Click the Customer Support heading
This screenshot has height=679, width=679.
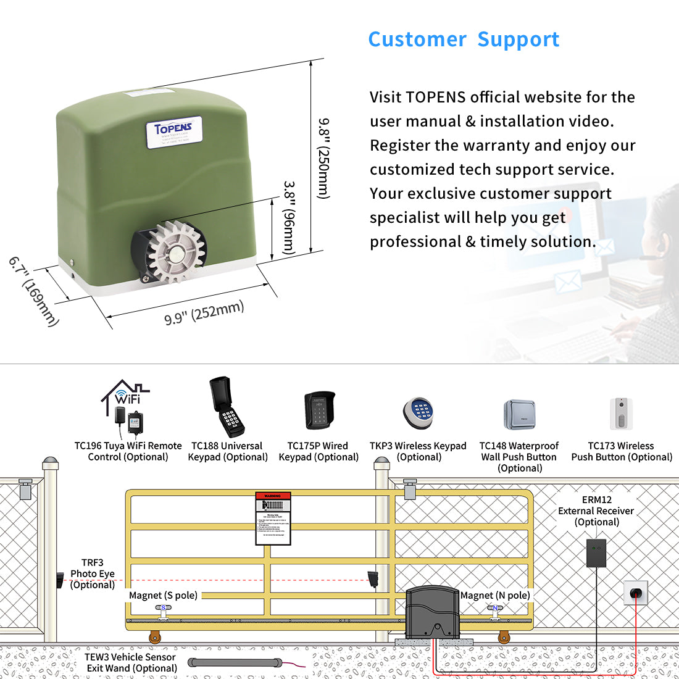[464, 40]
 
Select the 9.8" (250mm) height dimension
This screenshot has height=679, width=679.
[323, 158]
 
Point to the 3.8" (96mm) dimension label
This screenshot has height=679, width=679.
[289, 218]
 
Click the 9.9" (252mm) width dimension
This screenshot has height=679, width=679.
[204, 312]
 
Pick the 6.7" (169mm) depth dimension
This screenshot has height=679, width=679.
[34, 291]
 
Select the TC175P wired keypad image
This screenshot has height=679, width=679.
[319, 410]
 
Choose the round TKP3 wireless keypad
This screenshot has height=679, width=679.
[419, 412]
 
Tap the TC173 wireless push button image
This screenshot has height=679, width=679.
[622, 413]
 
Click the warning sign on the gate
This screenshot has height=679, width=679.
[273, 519]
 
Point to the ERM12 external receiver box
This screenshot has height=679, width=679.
[596, 552]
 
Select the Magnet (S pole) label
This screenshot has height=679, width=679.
[163, 595]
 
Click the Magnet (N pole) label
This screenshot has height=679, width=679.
[495, 595]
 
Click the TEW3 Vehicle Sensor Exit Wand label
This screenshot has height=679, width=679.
[130, 662]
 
